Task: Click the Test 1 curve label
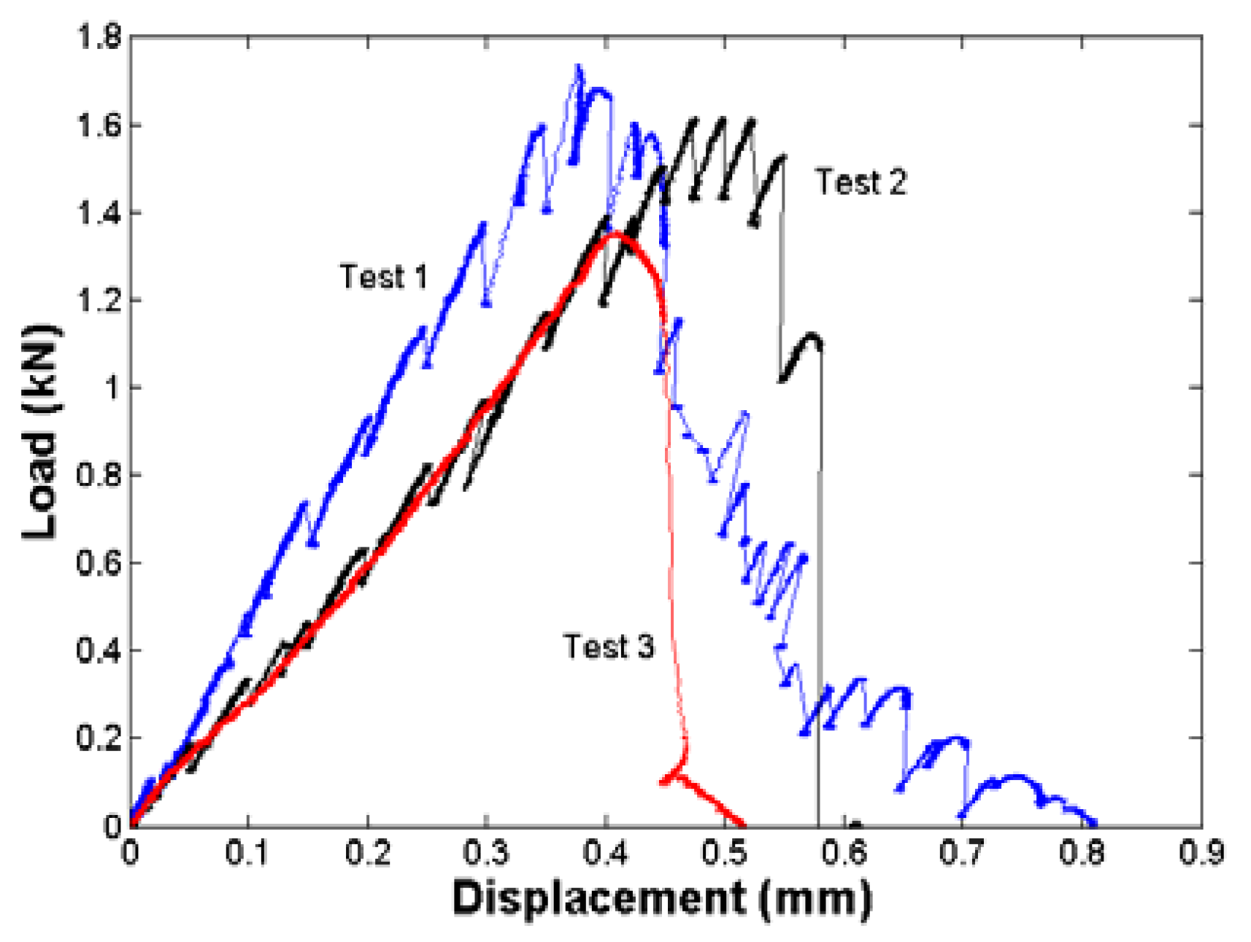pyautogui.click(x=383, y=277)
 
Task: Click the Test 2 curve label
pyautogui.click(x=861, y=182)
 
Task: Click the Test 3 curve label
pyautogui.click(x=608, y=646)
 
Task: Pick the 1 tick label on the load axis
pyautogui.click(x=112, y=387)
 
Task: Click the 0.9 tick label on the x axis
pyautogui.click(x=1201, y=852)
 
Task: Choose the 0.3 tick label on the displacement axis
pyautogui.click(x=487, y=852)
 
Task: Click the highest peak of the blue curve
pyautogui.click(x=578, y=67)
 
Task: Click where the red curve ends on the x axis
pyautogui.click(x=743, y=824)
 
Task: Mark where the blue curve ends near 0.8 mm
pyautogui.click(x=1093, y=822)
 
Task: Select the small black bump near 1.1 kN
pyautogui.click(x=810, y=337)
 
